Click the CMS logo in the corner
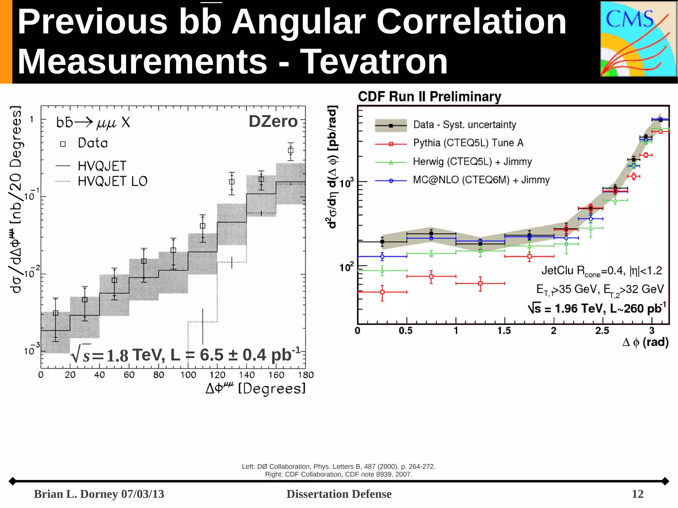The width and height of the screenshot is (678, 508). click(x=638, y=39)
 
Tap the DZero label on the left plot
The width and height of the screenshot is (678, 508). click(x=273, y=121)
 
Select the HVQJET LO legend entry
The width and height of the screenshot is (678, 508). click(x=112, y=181)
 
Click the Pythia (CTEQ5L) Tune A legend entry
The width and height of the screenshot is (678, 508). click(x=468, y=143)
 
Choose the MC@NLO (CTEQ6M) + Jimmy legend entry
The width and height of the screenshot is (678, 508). click(x=481, y=180)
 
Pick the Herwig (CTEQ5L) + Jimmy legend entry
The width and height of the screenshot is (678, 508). click(x=472, y=162)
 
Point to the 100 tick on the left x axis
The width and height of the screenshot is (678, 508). click(x=188, y=375)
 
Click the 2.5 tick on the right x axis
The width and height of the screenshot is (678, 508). click(x=602, y=331)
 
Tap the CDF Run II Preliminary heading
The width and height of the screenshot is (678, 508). click(x=429, y=97)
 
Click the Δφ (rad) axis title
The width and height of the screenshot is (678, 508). click(x=645, y=342)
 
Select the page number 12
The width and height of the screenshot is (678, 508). click(x=637, y=494)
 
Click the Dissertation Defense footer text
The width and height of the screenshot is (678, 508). click(x=339, y=494)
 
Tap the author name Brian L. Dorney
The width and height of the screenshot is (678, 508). click(x=76, y=494)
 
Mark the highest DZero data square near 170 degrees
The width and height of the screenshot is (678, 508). click(x=290, y=151)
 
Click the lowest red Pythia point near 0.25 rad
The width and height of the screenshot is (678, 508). click(x=382, y=292)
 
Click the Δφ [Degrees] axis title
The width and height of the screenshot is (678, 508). click(x=255, y=388)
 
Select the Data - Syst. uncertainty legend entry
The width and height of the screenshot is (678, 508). click(x=464, y=125)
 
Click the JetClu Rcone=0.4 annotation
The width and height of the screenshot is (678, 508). click(x=601, y=271)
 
